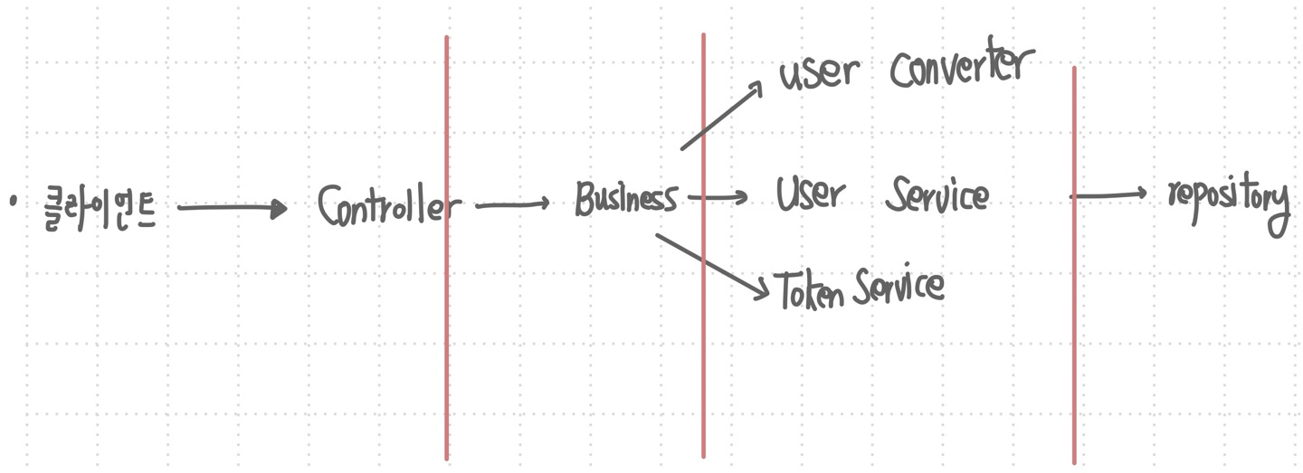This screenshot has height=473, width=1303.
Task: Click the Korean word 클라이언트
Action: [100, 209]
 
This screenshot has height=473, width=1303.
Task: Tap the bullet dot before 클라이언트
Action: [14, 202]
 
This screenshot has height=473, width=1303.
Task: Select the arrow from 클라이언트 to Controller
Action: [233, 207]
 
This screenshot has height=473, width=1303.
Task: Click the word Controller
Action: [389, 205]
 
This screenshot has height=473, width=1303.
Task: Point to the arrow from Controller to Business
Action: [512, 204]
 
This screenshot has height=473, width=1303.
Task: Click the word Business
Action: [626, 199]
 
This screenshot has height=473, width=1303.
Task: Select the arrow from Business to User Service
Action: [718, 197]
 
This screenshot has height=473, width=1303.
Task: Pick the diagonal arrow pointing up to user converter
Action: [721, 115]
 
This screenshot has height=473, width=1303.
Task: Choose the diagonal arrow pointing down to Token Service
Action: [713, 267]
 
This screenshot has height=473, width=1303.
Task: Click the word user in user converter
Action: [819, 73]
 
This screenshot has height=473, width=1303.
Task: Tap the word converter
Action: [962, 65]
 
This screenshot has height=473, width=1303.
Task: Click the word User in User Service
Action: [811, 194]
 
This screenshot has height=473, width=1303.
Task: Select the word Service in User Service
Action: [937, 194]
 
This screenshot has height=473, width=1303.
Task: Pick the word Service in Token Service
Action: [899, 285]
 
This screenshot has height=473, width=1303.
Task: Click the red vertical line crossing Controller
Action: [447, 248]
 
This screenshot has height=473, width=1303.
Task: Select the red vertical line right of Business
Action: [703, 246]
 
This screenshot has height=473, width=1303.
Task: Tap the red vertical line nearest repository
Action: [1074, 266]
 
